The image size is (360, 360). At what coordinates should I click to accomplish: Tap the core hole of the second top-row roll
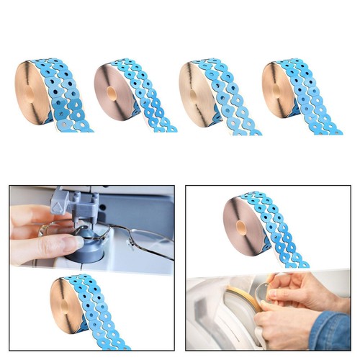point(111,93)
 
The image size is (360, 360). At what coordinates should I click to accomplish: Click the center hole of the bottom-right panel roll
point(240,227)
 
